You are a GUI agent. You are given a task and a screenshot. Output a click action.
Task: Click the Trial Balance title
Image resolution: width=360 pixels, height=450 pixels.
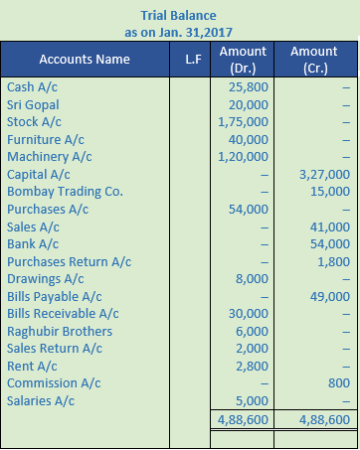point(180,14)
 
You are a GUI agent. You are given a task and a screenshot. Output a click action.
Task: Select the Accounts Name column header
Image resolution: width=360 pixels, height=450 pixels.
point(86,59)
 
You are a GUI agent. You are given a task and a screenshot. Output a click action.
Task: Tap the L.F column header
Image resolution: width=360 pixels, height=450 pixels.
point(193,59)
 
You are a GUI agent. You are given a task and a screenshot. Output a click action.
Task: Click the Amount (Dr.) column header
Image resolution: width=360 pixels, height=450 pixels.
point(243,59)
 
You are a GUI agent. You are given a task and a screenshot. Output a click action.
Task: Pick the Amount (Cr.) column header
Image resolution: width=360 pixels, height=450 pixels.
point(313,59)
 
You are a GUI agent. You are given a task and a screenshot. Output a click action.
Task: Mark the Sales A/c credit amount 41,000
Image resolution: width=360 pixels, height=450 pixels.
point(330,226)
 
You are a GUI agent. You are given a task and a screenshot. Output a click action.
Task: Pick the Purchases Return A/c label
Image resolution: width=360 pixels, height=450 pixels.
point(70,261)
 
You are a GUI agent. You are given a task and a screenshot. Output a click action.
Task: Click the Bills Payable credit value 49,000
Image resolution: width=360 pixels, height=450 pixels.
point(330,296)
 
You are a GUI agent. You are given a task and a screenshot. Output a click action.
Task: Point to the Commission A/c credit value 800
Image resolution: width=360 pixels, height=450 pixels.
point(338,382)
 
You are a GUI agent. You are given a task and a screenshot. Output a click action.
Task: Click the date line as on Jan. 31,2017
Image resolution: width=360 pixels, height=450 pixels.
point(180,31)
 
